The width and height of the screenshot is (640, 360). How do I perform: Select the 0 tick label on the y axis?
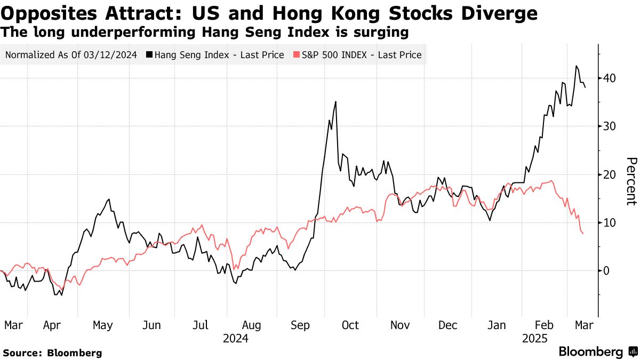[x=607, y=270]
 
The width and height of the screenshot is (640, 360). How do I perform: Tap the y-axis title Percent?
[x=631, y=181]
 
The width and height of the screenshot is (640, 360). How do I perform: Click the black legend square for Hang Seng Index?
[x=150, y=55]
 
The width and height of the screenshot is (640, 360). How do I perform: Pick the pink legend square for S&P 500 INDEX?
[x=297, y=55]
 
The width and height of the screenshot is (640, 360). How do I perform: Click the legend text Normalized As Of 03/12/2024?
[x=70, y=55]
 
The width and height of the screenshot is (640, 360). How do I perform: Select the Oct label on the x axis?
[x=350, y=325]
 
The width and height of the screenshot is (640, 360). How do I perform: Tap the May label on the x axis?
[x=102, y=325]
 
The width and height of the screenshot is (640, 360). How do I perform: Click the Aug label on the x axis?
[x=251, y=325]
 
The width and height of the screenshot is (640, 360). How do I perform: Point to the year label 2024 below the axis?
[x=235, y=338]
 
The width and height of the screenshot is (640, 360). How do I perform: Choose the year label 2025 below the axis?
[x=535, y=338]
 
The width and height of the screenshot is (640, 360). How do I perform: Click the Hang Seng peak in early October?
[x=335, y=101]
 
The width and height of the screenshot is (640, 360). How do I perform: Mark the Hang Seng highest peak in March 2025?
[x=576, y=66]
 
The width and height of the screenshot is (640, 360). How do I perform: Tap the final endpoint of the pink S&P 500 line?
[x=583, y=234]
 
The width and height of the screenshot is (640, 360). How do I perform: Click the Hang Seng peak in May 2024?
[x=109, y=199]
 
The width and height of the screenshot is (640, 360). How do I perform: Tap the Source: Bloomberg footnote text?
[x=52, y=353]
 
